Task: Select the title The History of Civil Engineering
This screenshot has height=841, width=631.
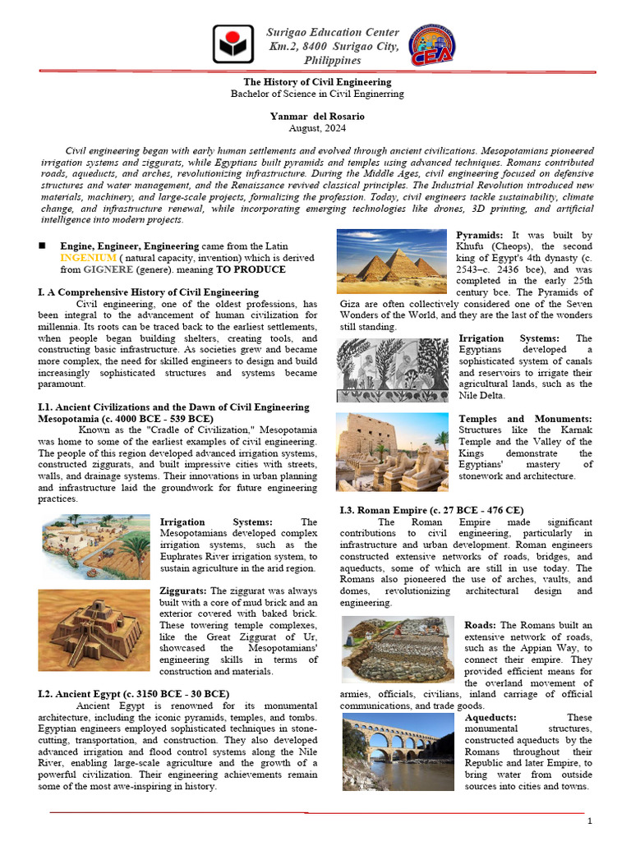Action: [315, 82]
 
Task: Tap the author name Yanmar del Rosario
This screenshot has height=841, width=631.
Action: [315, 117]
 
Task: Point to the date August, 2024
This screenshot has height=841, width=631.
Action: [315, 128]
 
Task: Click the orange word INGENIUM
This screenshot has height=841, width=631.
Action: [85, 258]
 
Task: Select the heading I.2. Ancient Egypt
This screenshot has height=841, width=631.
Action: [134, 694]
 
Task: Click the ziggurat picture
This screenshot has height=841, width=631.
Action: [95, 629]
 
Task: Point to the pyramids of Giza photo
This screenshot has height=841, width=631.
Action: [393, 261]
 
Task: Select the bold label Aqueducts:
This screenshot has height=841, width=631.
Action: [491, 717]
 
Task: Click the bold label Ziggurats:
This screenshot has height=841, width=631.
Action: [184, 591]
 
